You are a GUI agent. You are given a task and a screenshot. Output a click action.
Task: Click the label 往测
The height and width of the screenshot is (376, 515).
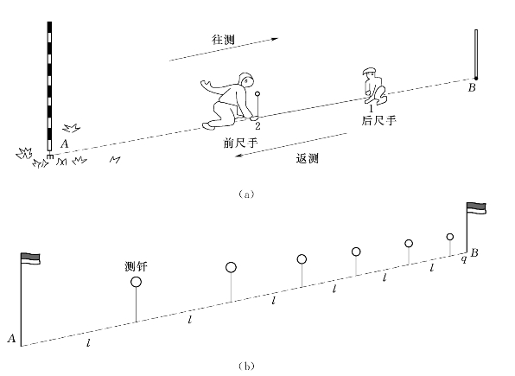pyautogui.click(x=223, y=40)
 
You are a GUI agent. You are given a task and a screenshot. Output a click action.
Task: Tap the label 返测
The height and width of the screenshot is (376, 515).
pyautogui.click(x=308, y=159)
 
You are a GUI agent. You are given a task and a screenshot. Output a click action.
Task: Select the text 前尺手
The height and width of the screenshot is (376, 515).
pyautogui.click(x=241, y=143)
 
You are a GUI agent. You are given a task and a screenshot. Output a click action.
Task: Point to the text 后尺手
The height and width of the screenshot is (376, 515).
pyautogui.click(x=378, y=121)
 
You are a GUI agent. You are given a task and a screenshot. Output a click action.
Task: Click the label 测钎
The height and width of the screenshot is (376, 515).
pyautogui.click(x=136, y=266)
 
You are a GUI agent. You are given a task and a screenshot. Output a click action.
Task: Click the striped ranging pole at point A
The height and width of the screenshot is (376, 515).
pyautogui.click(x=49, y=89)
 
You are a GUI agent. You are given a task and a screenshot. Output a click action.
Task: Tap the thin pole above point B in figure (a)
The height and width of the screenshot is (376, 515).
pyautogui.click(x=476, y=54)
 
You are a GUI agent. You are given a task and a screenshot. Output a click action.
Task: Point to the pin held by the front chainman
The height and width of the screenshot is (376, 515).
pyautogui.click(x=257, y=105)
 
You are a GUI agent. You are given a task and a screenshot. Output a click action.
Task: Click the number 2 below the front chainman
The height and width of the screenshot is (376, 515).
pyautogui.click(x=257, y=125)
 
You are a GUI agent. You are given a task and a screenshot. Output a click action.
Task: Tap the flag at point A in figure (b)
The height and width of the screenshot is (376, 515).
pyautogui.click(x=30, y=258)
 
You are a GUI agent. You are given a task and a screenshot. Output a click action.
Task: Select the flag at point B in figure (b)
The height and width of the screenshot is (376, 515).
pyautogui.click(x=477, y=208)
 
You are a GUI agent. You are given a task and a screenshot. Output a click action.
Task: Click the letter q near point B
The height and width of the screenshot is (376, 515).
pyautogui.click(x=463, y=259)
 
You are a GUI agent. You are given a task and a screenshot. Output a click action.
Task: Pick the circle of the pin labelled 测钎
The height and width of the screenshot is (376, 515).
pyautogui.click(x=136, y=282)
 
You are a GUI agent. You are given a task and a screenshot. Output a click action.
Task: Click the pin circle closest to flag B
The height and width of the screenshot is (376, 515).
pyautogui.click(x=450, y=237)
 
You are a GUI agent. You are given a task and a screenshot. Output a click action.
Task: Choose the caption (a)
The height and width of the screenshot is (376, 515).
pyautogui.click(x=246, y=194)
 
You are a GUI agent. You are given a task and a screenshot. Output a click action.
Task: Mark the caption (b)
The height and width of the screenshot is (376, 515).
pyautogui.click(x=246, y=366)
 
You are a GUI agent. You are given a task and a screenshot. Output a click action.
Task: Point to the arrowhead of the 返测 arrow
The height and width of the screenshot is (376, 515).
pyautogui.click(x=238, y=156)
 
